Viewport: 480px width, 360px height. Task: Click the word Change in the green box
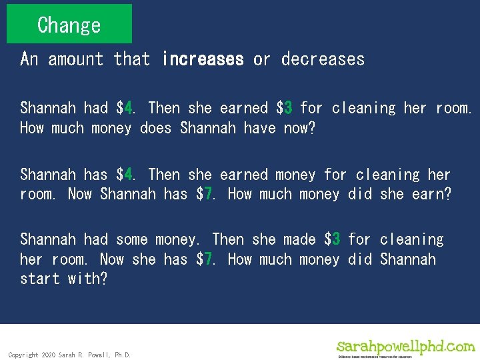pos(69,25)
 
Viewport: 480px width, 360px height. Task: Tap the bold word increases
pos(203,59)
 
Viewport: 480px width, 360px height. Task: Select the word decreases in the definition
pos(323,59)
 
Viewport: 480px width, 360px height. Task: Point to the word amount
pos(75,59)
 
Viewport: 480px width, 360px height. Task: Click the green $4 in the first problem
pos(125,108)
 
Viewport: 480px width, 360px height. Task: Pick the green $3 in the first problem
pos(285,108)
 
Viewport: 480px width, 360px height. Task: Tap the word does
pos(156,128)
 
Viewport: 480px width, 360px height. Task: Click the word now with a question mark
pos(299,128)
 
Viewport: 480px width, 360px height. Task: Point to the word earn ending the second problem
pos(434,195)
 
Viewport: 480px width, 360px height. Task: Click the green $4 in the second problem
pos(125,175)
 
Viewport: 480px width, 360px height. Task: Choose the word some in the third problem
pos(131,239)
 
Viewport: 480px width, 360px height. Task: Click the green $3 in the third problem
pos(333,239)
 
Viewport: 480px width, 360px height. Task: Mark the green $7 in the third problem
pos(205,259)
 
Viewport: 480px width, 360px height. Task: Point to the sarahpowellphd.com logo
pos(405,347)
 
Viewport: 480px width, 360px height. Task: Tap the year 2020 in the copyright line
pos(49,355)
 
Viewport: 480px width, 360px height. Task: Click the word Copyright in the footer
pos(23,355)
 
